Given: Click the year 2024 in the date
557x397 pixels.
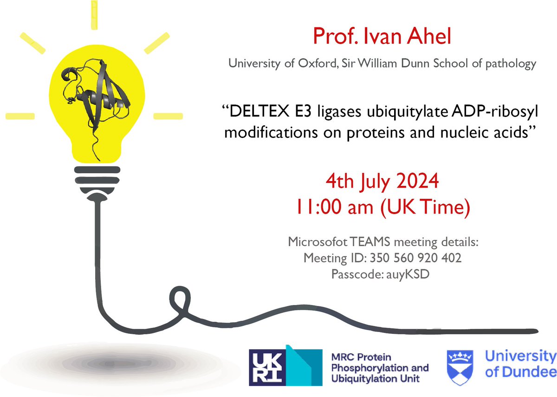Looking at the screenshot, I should (x=414, y=180).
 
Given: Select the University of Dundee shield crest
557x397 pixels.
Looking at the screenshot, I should (x=456, y=364).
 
